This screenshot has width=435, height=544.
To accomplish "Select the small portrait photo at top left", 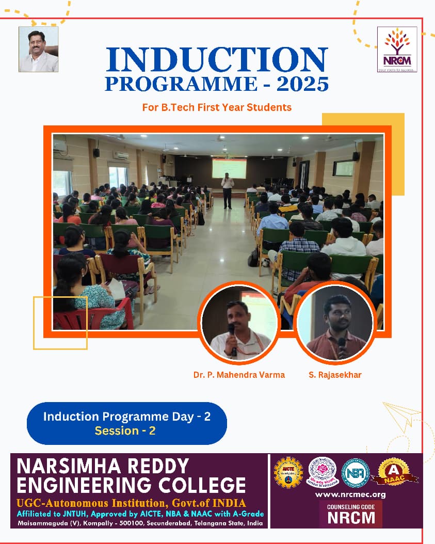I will (x=39, y=50).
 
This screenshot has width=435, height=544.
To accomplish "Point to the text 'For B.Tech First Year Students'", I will (x=217, y=107).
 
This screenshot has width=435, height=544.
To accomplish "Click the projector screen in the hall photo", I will (x=229, y=168).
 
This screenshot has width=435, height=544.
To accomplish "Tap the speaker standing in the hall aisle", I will (x=227, y=190).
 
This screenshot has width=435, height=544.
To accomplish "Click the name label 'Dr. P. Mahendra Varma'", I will (x=239, y=375).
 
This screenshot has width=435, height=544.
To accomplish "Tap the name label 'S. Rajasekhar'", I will (x=335, y=375).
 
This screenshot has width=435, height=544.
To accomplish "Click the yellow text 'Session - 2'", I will (x=125, y=430).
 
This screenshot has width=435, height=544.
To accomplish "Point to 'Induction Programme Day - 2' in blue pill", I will (x=126, y=417).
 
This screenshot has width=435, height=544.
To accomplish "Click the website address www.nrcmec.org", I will (x=350, y=495).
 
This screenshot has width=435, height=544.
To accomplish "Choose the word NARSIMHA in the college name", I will (x=67, y=466).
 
